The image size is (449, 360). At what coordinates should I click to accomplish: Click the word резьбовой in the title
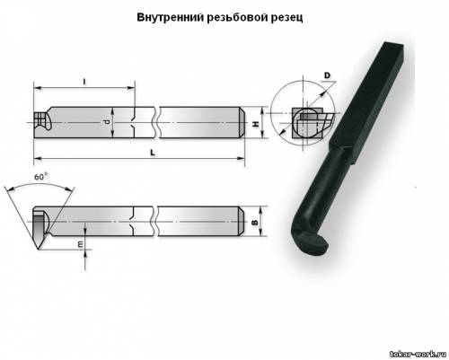tap(237, 18)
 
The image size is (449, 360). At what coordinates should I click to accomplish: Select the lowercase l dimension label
tap(84, 81)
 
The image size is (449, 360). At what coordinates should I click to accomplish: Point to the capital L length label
tap(153, 153)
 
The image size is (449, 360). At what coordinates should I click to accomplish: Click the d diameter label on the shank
tap(106, 122)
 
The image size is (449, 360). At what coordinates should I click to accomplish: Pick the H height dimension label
tap(256, 123)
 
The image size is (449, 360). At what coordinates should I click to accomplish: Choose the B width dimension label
tap(255, 223)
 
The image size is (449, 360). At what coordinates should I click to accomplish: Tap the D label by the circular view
tap(327, 75)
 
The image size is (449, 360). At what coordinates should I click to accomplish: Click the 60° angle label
tap(40, 177)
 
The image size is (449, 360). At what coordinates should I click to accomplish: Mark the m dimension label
tap(80, 244)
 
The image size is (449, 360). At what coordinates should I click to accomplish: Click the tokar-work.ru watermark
tap(418, 354)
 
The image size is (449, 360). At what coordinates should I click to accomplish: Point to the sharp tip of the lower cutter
tap(38, 249)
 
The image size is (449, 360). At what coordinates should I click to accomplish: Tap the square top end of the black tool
tap(392, 48)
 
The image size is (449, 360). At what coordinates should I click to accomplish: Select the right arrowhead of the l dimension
tap(132, 88)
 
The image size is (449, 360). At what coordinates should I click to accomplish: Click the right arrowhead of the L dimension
tap(242, 158)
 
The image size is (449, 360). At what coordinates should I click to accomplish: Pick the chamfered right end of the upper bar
tap(242, 122)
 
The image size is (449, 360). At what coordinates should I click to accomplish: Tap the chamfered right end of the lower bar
tap(242, 222)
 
